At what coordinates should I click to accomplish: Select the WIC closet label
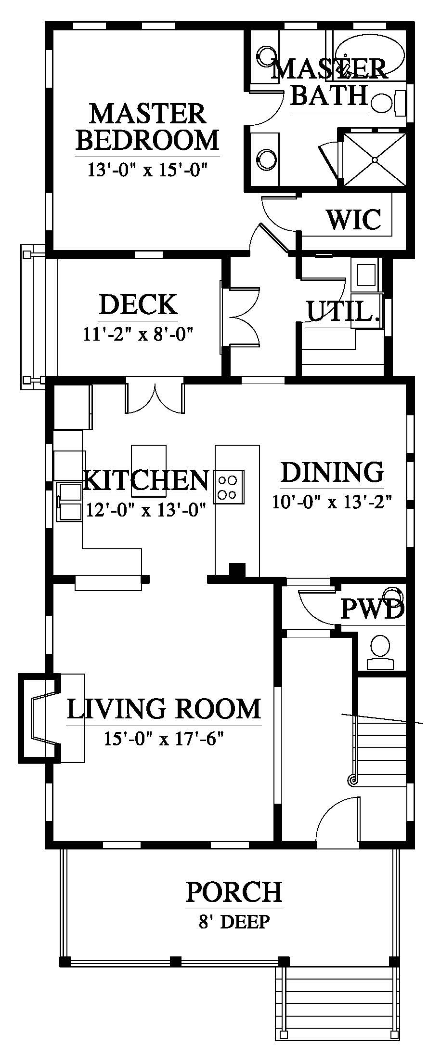click(x=354, y=219)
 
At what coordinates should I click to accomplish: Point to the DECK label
click(x=138, y=305)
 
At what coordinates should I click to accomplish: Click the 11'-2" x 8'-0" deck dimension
click(x=139, y=334)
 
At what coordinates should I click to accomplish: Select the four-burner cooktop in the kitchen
click(x=229, y=487)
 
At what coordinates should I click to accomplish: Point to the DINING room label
click(x=332, y=472)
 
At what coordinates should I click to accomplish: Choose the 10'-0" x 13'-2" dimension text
click(x=332, y=502)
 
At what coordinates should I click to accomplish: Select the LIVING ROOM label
click(x=164, y=709)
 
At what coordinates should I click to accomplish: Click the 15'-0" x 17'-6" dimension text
click(x=164, y=738)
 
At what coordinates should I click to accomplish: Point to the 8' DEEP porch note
click(x=234, y=922)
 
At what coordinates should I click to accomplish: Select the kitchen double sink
click(x=70, y=501)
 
